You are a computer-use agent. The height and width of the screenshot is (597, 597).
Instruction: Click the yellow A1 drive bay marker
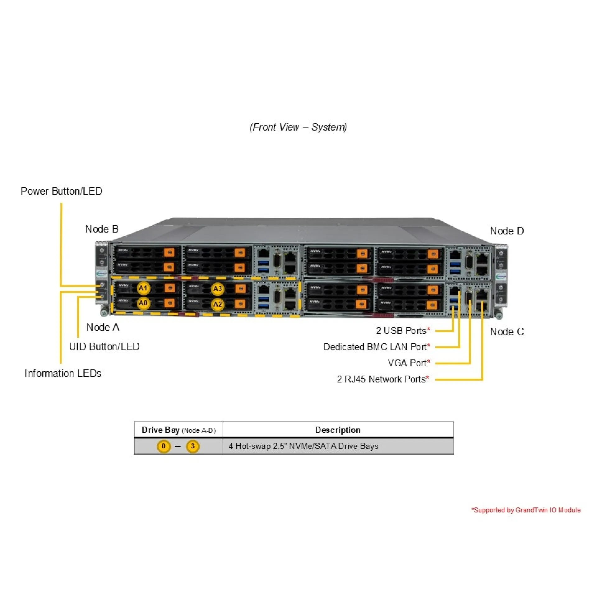click(143, 288)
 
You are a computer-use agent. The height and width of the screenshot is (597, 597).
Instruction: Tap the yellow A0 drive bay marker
click(143, 303)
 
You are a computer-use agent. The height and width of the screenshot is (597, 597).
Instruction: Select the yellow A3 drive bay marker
click(218, 289)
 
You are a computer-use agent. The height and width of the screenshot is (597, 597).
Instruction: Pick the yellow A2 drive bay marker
click(218, 304)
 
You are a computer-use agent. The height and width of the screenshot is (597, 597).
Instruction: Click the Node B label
click(102, 229)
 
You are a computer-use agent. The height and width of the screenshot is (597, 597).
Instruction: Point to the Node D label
click(507, 231)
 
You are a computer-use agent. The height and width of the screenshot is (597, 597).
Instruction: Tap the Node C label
click(507, 332)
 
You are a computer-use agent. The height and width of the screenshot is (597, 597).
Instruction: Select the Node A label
click(103, 327)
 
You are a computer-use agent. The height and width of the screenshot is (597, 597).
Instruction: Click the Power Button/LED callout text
click(62, 191)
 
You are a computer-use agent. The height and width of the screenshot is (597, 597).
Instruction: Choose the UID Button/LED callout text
click(104, 347)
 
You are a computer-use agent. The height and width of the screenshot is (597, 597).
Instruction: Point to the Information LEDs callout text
click(63, 373)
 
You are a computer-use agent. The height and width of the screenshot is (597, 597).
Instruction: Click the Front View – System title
click(298, 127)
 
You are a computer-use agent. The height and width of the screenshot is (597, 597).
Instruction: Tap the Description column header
click(338, 430)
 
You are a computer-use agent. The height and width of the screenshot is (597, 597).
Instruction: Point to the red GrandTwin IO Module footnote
click(526, 510)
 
